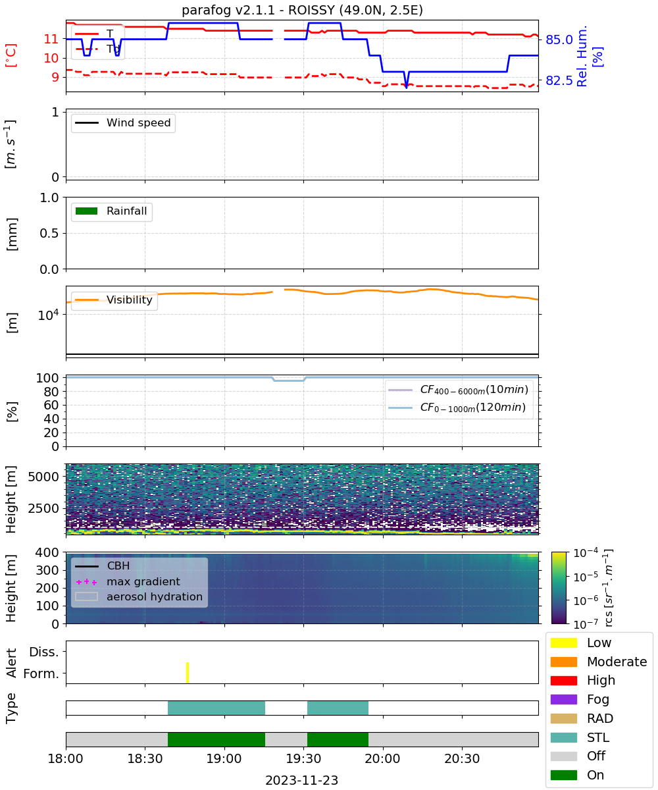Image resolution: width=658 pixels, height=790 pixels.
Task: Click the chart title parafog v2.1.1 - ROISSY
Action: coord(302,10)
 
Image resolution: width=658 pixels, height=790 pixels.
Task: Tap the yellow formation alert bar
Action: coord(187,672)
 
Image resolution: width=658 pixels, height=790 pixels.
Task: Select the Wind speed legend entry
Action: coord(123,122)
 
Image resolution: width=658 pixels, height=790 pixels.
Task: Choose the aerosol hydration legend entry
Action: coord(139,596)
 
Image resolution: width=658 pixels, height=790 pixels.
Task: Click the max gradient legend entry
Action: coord(128,581)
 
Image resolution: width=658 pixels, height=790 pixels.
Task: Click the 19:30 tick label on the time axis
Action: coord(303,758)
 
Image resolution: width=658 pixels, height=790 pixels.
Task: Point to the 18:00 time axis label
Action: coord(65,758)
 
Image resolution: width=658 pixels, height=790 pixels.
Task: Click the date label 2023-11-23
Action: coord(301,780)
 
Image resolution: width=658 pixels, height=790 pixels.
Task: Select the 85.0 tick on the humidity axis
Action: coord(559,39)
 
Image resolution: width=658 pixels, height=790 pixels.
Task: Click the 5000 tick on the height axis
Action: coord(43,477)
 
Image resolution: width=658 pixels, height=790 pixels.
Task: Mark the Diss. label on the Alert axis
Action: coord(44,652)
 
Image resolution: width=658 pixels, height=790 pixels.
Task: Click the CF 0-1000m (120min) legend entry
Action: coord(457,408)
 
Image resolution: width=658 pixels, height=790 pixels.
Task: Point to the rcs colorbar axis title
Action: coord(608,588)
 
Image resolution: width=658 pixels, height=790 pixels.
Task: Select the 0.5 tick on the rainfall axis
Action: coord(49,233)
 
